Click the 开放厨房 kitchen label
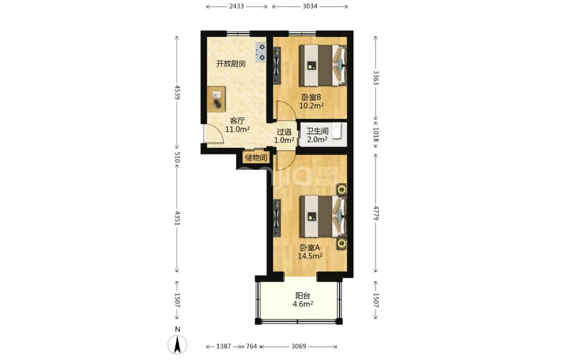tap(231, 64)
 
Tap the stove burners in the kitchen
tap(261, 52)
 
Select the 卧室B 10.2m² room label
tap(311, 101)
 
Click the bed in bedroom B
tap(323, 65)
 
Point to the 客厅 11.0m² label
tap(237, 125)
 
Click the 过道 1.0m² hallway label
tap(284, 136)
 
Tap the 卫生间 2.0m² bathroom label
tap(317, 135)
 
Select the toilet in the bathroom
tap(338, 132)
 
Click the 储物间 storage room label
tap(256, 158)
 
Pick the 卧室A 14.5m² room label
tap(310, 252)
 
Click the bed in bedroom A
tap(323, 216)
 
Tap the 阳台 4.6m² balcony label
tap(302, 300)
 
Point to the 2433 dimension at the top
tap(237, 6)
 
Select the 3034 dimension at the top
tap(310, 6)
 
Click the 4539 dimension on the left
tap(177, 92)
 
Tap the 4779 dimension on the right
tap(376, 213)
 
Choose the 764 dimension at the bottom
tap(251, 346)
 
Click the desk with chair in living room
tap(217, 100)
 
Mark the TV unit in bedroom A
tap(277, 218)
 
